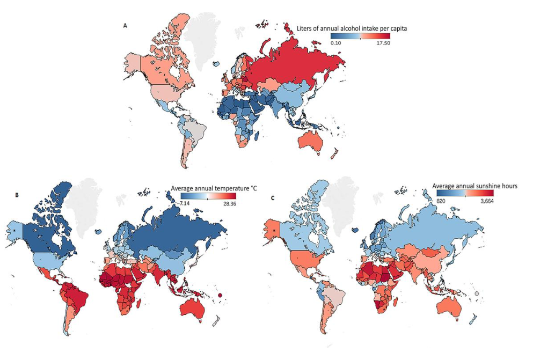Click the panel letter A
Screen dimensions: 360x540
pyautogui.click(x=126, y=25)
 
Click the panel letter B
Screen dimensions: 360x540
pyautogui.click(x=17, y=197)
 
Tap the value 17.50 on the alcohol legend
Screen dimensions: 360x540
pyautogui.click(x=383, y=42)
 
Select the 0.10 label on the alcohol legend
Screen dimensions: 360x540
pyautogui.click(x=338, y=42)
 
